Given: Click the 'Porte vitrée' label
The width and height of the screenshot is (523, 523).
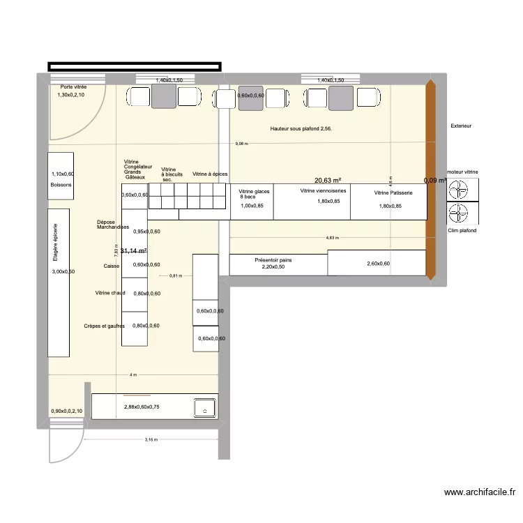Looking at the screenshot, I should click(x=73, y=87).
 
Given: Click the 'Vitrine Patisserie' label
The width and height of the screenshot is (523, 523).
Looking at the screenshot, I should click(x=393, y=192).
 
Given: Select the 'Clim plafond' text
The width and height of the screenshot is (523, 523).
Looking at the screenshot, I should click(x=462, y=230).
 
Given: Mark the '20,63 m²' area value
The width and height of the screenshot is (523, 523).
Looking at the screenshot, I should click(x=327, y=179).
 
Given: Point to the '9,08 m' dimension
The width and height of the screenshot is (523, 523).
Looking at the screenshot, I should click(x=241, y=144).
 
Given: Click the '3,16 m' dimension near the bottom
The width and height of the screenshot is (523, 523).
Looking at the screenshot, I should click(x=151, y=440).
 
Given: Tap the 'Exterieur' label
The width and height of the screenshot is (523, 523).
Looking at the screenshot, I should click(x=461, y=126).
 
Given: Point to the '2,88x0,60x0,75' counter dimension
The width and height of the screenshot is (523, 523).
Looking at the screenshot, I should click(x=142, y=407).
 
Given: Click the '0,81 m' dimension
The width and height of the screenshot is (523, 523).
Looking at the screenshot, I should click(x=175, y=275).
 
